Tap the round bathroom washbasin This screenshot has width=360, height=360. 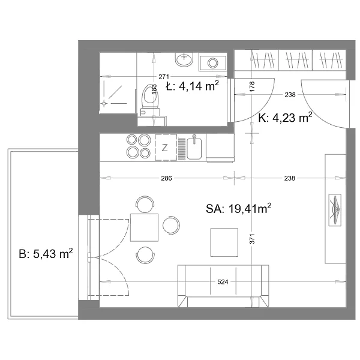[184, 59]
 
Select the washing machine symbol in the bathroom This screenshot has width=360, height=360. [212, 62]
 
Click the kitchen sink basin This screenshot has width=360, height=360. [194, 149]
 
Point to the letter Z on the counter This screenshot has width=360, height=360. [164, 148]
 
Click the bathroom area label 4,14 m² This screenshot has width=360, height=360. [199, 86]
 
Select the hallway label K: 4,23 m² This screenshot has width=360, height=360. [285, 118]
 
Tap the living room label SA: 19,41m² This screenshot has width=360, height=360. [239, 208]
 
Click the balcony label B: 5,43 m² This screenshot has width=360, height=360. [46, 253]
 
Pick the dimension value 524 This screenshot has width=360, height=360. [223, 282]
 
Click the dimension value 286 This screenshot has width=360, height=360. [166, 178]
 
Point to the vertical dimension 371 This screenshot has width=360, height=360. [252, 239]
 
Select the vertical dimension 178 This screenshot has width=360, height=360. [252, 86]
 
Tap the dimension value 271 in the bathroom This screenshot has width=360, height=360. [164, 76]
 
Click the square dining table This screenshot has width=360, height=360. [144, 227]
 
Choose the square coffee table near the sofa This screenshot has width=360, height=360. [224, 242]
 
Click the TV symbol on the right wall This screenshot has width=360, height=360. [335, 210]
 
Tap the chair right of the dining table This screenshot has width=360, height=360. [171, 225]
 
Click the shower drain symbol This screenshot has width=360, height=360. [104, 104]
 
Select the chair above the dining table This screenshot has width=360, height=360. [145, 204]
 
